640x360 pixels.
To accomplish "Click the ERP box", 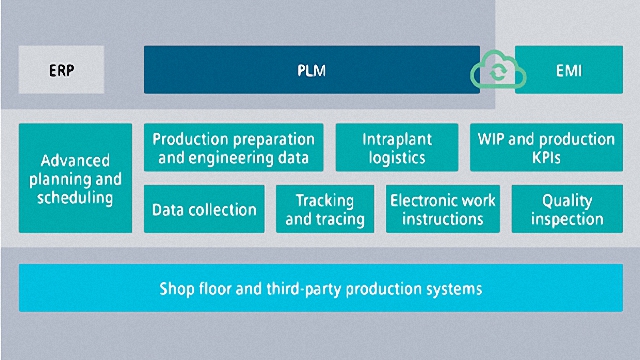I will tap(61, 71).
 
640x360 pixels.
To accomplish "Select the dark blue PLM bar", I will tap(311, 70).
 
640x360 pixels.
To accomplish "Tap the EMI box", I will tap(568, 71).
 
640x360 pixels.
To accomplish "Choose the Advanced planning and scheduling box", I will tap(75, 178).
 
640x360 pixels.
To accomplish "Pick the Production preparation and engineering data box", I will tap(233, 148).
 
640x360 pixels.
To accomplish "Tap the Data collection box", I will tap(204, 210).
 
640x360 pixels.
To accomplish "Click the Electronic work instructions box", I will tap(442, 209).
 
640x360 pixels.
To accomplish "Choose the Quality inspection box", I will tap(567, 209).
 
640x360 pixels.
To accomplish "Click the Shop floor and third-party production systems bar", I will tap(321, 289).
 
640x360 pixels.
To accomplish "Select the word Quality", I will tap(567, 200).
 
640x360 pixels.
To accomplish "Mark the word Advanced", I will tap(76, 160).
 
